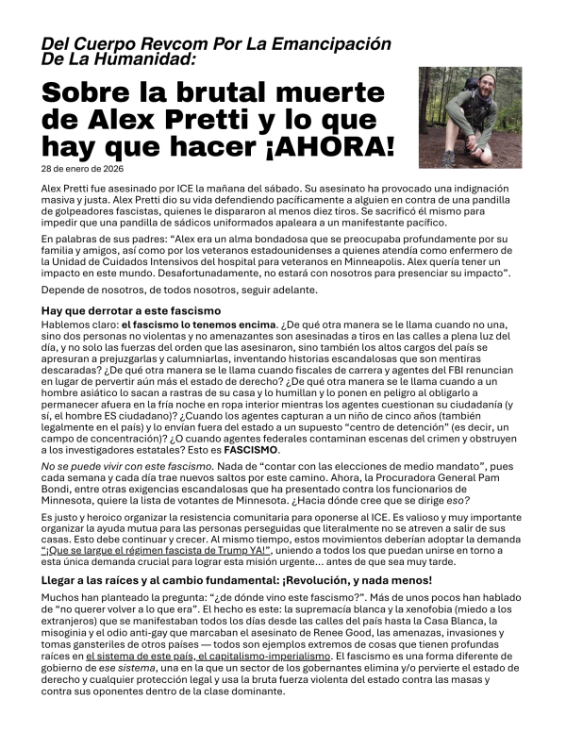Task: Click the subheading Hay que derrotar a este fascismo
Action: tap(130, 311)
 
